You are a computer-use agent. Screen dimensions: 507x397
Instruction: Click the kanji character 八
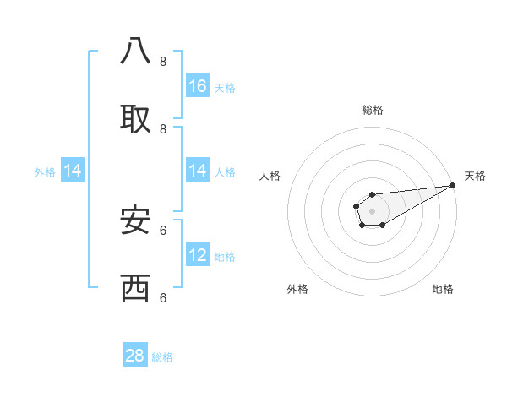pos(135,52)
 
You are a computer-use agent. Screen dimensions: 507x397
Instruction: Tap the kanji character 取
pos(135,119)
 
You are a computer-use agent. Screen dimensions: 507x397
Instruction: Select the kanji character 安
pos(135,220)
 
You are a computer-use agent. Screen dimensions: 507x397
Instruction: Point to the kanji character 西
pos(135,288)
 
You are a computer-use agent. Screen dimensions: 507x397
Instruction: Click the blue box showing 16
pos(198,85)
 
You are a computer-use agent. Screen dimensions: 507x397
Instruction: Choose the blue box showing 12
pos(198,255)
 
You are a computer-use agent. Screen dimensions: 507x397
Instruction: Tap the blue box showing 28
pos(135,356)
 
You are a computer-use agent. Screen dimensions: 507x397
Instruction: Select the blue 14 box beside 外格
pos(73,171)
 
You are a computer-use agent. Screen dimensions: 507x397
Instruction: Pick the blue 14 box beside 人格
pos(198,171)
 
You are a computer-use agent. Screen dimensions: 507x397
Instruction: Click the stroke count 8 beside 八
pos(163,61)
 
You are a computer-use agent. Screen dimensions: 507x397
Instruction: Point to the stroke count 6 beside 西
pos(163,297)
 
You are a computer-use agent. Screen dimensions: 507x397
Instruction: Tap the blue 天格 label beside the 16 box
pos(225,87)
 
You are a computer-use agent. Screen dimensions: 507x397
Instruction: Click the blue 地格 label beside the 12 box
pos(225,257)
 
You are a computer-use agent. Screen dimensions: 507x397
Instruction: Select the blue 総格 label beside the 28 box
pos(162,357)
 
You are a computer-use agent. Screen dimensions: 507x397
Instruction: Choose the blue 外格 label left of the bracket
pos(45,172)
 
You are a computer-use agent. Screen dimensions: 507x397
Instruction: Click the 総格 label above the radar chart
pos(372,110)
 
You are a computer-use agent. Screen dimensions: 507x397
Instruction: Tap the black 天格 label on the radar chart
pos(475,176)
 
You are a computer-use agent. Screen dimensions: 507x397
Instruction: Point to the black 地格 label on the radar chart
pos(443,289)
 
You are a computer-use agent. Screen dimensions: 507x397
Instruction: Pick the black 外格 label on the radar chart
pos(297,289)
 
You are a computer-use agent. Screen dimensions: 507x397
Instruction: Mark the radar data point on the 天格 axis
pos(452,185)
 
